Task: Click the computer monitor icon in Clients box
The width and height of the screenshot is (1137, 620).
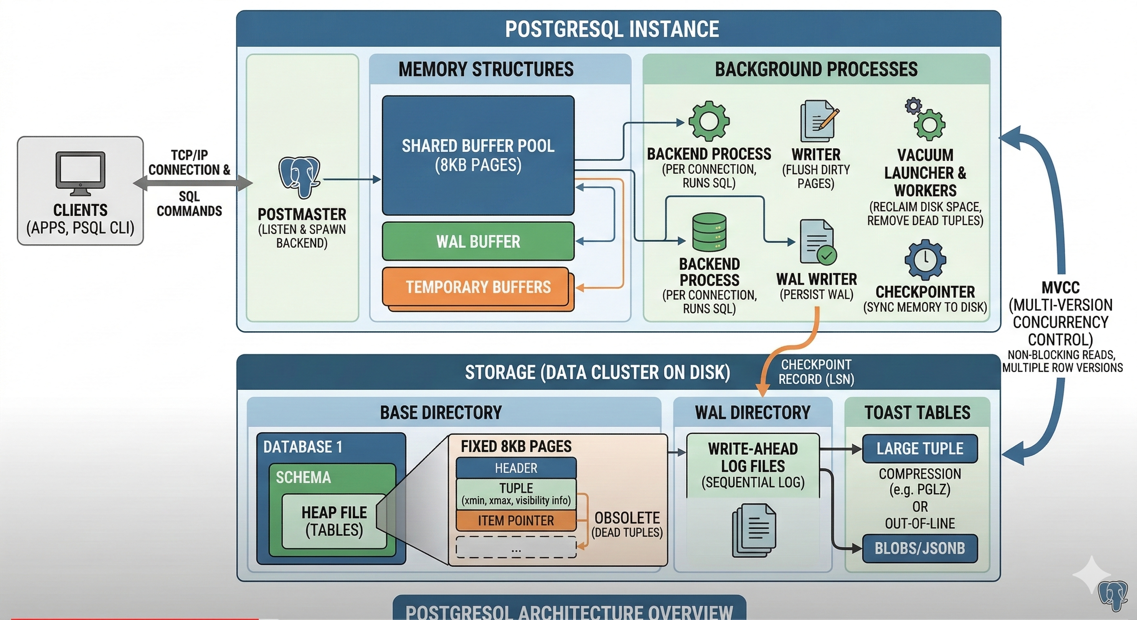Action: (x=80, y=173)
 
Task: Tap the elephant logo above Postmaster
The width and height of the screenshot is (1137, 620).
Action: (x=299, y=177)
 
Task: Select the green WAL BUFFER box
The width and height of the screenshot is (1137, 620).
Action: (x=478, y=241)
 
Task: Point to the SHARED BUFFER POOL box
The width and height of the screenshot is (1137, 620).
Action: (x=478, y=155)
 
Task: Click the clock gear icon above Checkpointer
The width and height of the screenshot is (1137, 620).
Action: (x=925, y=260)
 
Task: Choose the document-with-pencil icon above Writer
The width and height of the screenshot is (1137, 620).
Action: (x=818, y=121)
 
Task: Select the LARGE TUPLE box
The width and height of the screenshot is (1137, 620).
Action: (x=920, y=448)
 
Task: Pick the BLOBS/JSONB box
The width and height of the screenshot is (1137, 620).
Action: (x=920, y=548)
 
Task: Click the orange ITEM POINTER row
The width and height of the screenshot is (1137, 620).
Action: (x=516, y=521)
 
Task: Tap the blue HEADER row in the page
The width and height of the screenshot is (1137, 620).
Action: (x=516, y=468)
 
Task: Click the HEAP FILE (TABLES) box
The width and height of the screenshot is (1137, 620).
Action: (x=334, y=521)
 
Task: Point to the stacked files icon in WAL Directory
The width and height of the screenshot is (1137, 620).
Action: (x=754, y=530)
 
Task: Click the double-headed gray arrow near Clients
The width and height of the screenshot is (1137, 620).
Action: (x=193, y=183)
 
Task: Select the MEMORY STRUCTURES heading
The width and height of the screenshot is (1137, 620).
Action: (x=486, y=69)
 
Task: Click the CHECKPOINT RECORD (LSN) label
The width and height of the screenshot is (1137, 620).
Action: (x=816, y=372)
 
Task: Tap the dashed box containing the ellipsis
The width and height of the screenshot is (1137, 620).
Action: (x=516, y=547)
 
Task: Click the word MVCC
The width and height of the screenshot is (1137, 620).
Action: (x=1060, y=288)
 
